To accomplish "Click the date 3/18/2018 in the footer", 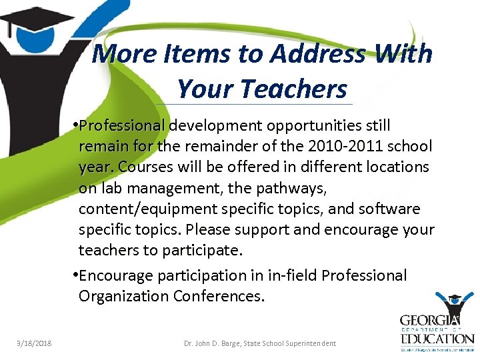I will point(35,343).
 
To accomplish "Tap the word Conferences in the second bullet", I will point(218,295).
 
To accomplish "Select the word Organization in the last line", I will point(123,295).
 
